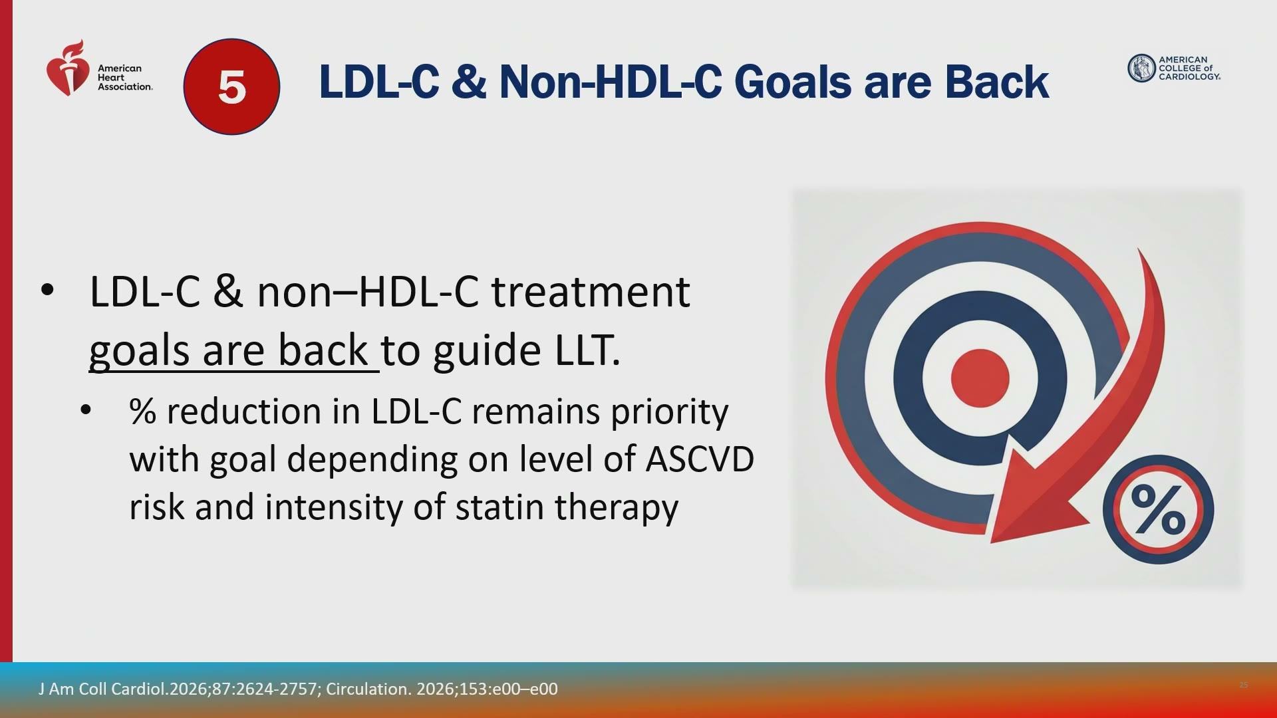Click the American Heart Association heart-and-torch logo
67,68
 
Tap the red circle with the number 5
231,86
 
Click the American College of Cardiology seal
1141,68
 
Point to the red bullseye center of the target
980,378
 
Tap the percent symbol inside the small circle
1158,509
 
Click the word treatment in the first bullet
591,292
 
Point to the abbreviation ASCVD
700,459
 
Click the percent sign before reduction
142,412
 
